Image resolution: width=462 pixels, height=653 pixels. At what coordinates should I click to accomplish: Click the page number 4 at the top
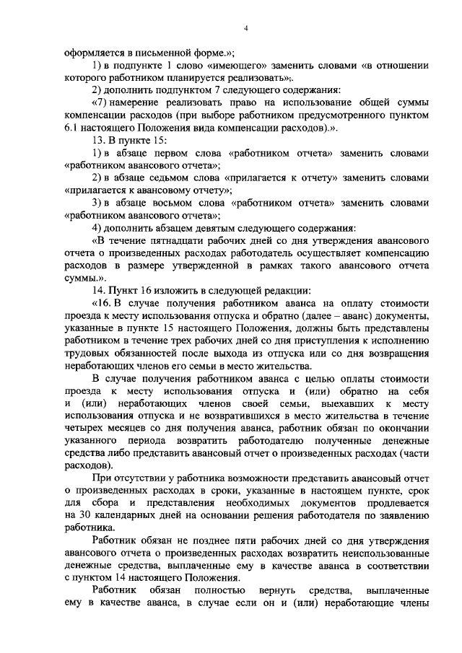tap(246, 27)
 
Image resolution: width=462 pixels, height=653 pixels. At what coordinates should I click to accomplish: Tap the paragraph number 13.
tap(97, 140)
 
